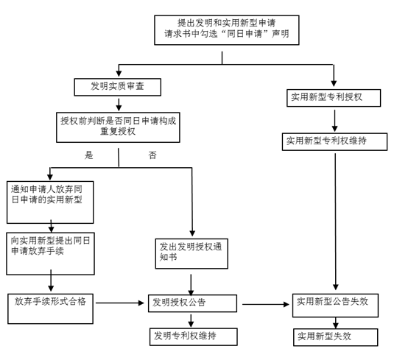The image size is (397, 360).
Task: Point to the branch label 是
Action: point(89,155)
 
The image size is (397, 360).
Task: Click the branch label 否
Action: point(152,155)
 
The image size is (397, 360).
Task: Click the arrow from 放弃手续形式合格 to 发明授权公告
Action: point(120,303)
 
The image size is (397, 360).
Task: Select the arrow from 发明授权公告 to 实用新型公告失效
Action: point(266,304)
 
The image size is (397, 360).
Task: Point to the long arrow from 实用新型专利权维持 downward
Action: point(335,222)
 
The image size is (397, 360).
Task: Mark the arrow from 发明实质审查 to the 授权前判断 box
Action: point(119,105)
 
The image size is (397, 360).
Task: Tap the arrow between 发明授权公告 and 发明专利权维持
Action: point(192,321)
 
